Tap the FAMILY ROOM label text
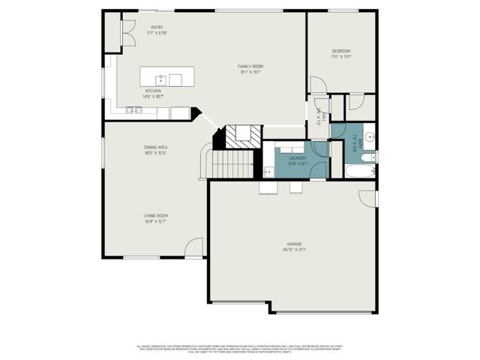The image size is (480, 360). coord(250,66)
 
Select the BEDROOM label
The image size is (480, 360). coord(341,51)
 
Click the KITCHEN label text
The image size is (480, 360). coord(152,91)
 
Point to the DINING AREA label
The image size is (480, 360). coord(155,147)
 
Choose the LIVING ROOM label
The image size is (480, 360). coord(155,215)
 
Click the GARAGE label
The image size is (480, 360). coord(294,243)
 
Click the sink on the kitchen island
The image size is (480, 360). coord(160,78)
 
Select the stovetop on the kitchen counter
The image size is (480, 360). coord(133,111)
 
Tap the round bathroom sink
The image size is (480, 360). coord(369,137)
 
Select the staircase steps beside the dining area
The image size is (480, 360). coord(233,162)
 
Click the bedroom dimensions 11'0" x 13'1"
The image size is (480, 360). coord(341,56)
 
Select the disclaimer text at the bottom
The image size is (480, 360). coord(240,349)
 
